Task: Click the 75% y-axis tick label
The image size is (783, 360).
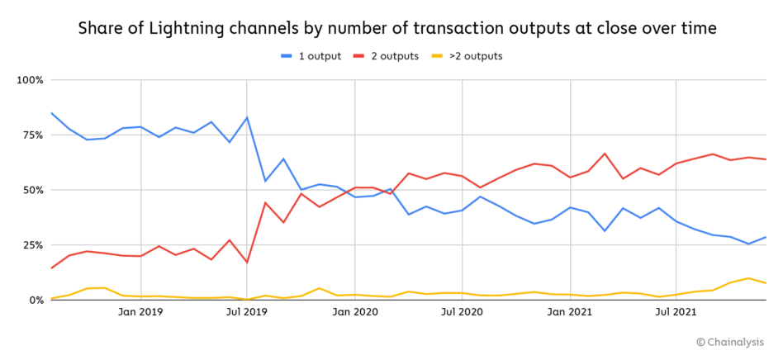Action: [31, 135]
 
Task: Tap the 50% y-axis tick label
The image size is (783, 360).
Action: [31, 190]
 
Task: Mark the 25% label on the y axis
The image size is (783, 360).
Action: [31, 245]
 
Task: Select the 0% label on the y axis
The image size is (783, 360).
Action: [35, 301]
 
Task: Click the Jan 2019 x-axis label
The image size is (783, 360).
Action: [141, 312]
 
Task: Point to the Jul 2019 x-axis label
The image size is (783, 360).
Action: [247, 312]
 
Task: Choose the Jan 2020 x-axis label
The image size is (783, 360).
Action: [355, 312]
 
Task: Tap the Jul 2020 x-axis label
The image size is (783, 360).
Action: [462, 312]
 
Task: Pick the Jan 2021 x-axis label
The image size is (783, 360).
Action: [570, 312]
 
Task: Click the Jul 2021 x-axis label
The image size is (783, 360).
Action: [676, 312]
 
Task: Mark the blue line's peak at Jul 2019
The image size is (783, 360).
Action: [247, 117]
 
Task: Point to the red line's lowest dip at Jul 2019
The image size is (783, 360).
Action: [247, 263]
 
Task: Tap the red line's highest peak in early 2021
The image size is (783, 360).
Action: [605, 154]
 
